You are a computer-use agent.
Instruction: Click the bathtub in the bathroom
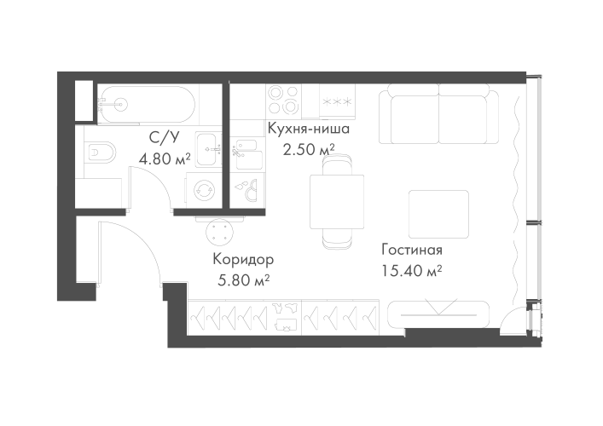140,104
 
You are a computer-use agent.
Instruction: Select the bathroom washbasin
206,151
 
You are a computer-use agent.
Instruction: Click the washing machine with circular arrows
206,189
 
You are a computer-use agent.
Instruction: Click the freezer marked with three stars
335,100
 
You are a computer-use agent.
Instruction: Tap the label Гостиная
411,252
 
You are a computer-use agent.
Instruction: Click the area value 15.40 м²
411,271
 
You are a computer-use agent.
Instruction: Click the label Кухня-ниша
307,130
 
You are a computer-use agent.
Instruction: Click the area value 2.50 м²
308,149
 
